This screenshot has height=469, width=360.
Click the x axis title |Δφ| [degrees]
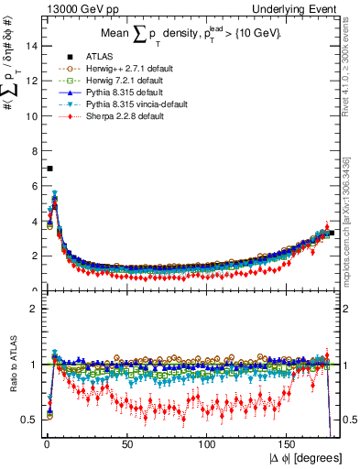click(x=305, y=457)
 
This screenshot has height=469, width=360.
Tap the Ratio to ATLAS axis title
click(x=11, y=366)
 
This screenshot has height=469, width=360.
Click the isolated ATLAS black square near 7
click(x=49, y=169)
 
